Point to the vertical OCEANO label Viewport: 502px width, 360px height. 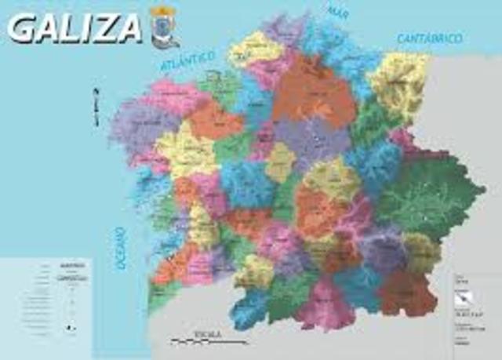121,249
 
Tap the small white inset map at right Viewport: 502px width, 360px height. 471,296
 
